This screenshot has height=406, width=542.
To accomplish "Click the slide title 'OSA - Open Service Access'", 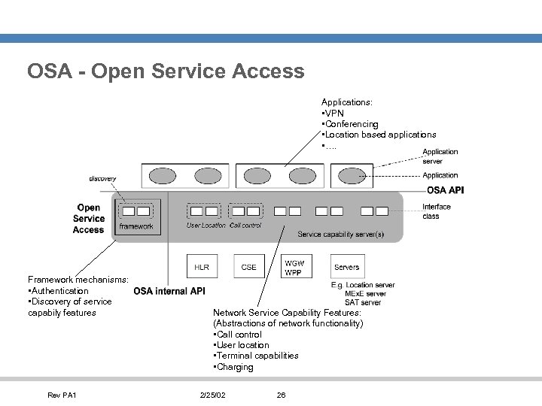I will (166, 71).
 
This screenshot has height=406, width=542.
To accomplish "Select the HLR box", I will (202, 267).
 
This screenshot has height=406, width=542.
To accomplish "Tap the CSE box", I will (248, 267).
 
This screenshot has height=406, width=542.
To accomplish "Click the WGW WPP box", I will (294, 267).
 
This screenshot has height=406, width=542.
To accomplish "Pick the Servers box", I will (346, 267).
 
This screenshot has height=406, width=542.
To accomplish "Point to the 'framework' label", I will (136, 226).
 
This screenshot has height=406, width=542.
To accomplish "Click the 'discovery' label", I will (102, 178).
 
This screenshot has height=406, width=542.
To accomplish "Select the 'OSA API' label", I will (445, 190).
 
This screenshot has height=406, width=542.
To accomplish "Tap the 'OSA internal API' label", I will (169, 291).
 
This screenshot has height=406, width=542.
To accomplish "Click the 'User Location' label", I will (206, 226).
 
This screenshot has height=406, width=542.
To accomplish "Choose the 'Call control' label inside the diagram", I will (245, 226).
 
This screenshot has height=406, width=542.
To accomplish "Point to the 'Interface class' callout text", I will (436, 211).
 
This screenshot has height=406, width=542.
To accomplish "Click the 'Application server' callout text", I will (440, 156).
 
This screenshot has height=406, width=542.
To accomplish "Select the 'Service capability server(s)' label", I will (340, 235).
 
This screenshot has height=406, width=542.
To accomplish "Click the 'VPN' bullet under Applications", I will (333, 113).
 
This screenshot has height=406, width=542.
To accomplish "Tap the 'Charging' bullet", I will (234, 367).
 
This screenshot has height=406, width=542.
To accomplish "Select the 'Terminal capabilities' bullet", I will (257, 356).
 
